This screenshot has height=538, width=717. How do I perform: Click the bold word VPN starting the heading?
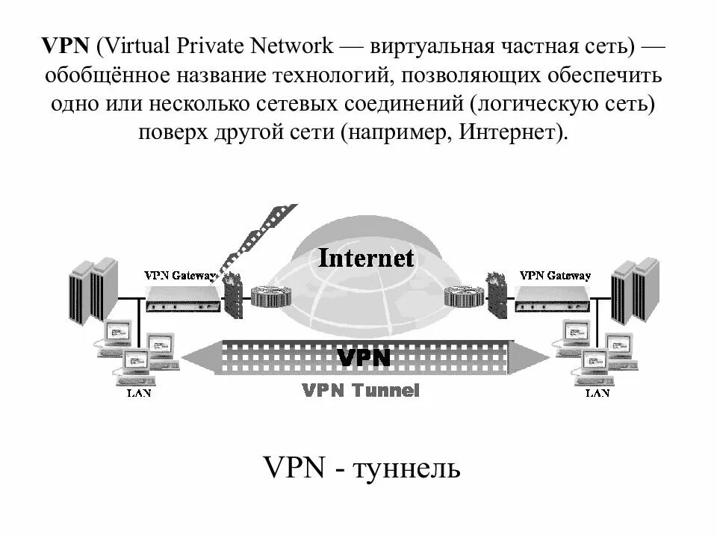coord(66,46)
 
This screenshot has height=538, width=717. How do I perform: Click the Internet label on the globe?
coord(365,259)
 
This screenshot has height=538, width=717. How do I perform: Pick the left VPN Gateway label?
coord(179,275)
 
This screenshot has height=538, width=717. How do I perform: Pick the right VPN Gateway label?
coord(554,275)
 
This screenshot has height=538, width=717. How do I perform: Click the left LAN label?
coord(138,393)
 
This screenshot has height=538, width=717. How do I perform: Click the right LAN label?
coord(597,393)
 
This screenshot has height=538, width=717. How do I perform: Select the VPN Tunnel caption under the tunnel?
coord(361,390)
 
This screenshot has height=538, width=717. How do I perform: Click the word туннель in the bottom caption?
coord(407,469)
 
